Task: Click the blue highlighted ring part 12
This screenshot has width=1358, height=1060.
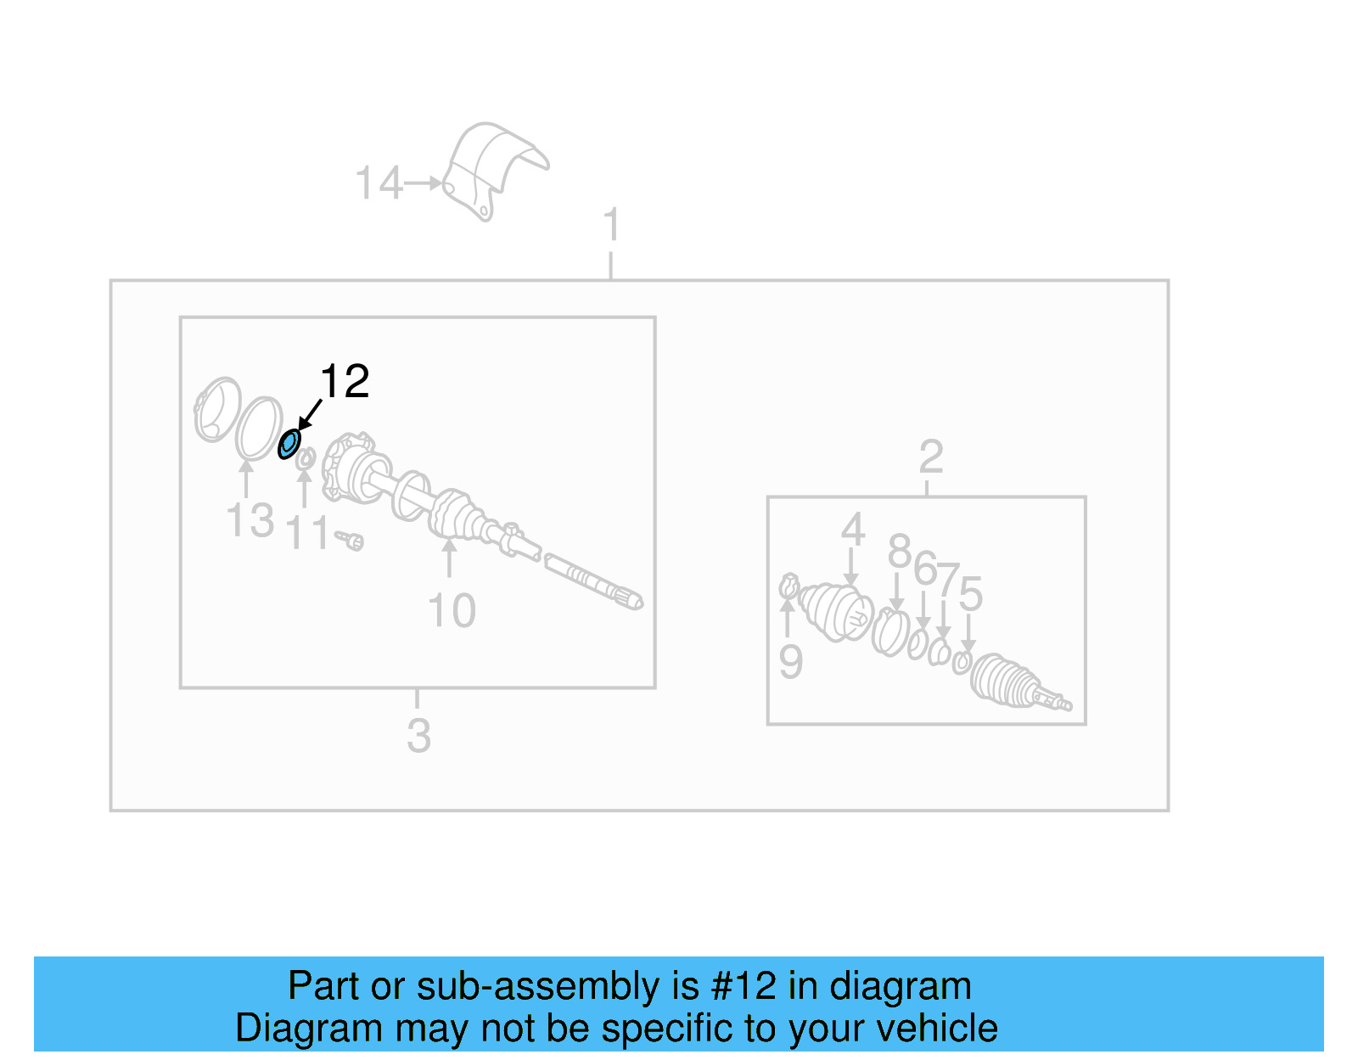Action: point(289,443)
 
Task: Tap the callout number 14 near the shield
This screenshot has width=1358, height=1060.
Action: point(378,183)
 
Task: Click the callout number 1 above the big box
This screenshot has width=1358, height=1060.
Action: point(611,226)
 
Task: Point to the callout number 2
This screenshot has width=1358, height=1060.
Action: point(931,457)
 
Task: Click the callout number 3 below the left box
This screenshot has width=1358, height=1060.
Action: point(418,736)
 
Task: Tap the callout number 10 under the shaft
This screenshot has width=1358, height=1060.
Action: point(452,611)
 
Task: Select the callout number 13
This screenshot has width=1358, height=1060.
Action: point(250,520)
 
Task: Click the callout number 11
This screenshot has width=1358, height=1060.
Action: point(307,534)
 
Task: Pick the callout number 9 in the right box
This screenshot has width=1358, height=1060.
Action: point(790,662)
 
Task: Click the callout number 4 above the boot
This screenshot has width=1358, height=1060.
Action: point(852,530)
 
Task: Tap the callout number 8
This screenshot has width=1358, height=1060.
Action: point(899,552)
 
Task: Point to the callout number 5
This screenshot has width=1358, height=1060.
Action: point(970,593)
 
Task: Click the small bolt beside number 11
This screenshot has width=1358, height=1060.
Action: point(350,539)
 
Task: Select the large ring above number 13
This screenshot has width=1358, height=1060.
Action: point(258,426)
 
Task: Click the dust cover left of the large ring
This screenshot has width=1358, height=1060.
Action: point(216,409)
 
